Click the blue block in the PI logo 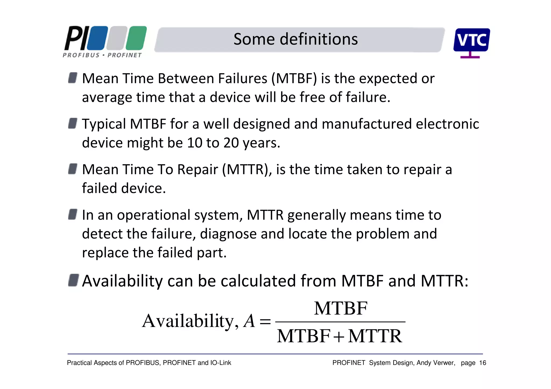point(97,38)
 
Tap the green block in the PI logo point(136,38)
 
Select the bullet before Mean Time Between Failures point(73,78)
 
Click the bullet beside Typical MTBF point(73,123)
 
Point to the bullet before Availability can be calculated point(73,280)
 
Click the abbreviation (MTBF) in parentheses point(294,79)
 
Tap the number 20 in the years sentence point(231,142)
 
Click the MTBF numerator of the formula point(340,308)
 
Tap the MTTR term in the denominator point(375,336)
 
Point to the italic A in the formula point(249,321)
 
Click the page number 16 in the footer point(482,363)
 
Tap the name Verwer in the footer point(445,363)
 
